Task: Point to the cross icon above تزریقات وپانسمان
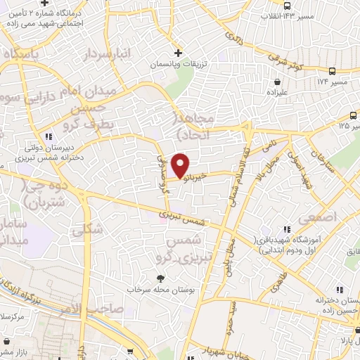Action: (x=179, y=53)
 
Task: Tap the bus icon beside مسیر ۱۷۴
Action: (x=332, y=71)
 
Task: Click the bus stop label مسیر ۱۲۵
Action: (x=348, y=127)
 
